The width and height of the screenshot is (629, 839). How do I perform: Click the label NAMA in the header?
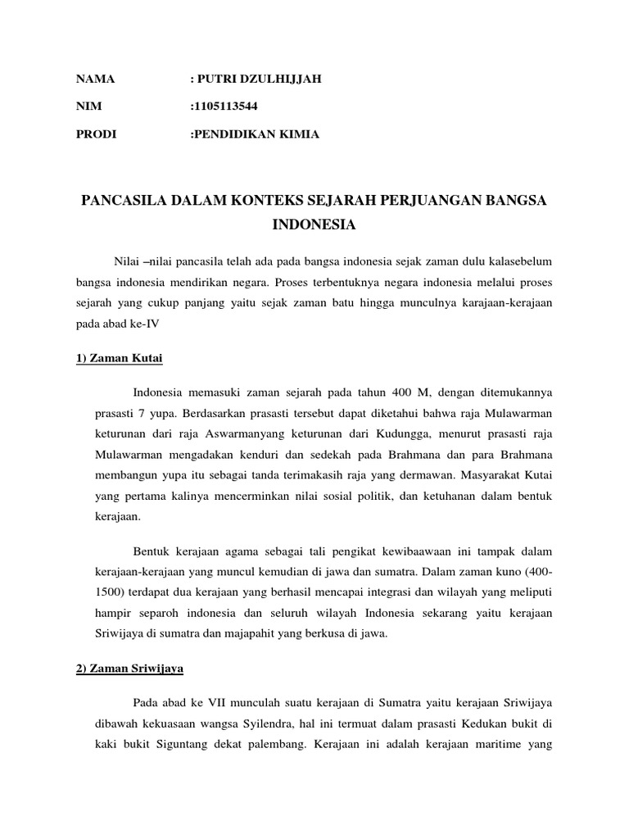click(95, 79)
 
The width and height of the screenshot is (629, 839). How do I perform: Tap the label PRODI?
click(97, 134)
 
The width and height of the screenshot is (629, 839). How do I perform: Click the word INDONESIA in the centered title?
click(314, 223)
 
